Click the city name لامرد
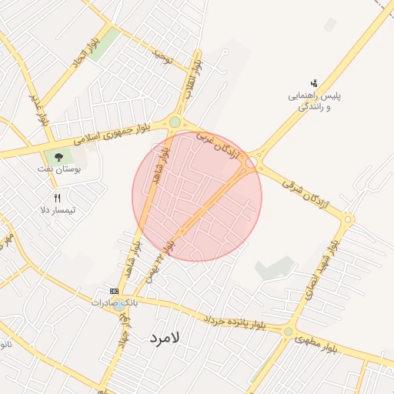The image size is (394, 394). pos(164,337)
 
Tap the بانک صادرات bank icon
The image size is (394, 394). pos(115,291)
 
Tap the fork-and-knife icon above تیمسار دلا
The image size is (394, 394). pos(57,198)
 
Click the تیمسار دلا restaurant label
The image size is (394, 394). pos(57,209)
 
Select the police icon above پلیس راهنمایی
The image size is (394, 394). pos(313,83)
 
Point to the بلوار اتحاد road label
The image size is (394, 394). pos(87,52)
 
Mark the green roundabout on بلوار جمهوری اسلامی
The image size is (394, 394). pos(175,122)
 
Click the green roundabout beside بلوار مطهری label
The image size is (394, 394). pos(288,332)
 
